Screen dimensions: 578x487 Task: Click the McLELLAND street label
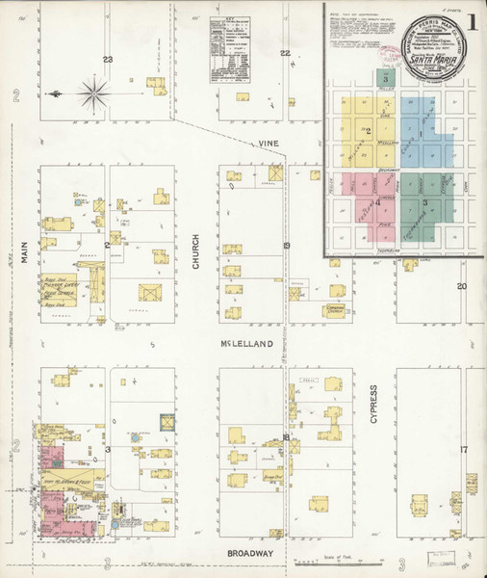[245, 343]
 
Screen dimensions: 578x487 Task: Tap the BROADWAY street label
[251, 554]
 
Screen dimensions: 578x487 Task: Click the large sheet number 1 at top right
[468, 21]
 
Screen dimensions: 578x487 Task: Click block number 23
[108, 61]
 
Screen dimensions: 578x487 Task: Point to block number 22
[284, 53]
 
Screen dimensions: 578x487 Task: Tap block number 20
[461, 286]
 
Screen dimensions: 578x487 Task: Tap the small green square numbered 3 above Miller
[387, 76]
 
